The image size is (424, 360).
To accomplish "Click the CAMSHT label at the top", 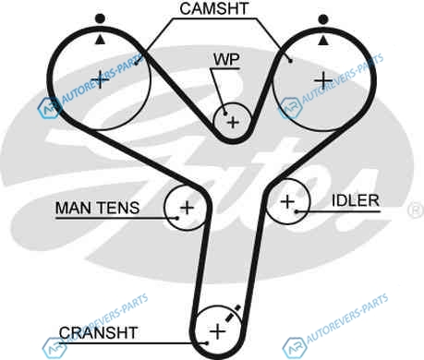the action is pyautogui.click(x=214, y=8).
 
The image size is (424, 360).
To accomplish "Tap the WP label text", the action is pyautogui.click(x=226, y=59).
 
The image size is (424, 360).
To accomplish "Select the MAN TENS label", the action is pyautogui.click(x=97, y=208).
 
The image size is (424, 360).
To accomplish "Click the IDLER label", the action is pyautogui.click(x=356, y=200).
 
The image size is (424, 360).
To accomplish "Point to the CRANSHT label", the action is pyautogui.click(x=98, y=332).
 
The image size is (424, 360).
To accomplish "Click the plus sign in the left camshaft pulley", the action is pyautogui.click(x=100, y=79).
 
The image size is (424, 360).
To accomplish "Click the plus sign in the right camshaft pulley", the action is pyautogui.click(x=323, y=80).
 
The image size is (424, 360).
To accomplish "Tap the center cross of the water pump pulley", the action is pyautogui.click(x=233, y=123).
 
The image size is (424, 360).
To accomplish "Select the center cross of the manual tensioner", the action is pyautogui.click(x=187, y=208).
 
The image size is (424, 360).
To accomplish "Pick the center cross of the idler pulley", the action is pyautogui.click(x=287, y=201).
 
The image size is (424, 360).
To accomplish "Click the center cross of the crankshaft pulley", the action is pyautogui.click(x=218, y=331).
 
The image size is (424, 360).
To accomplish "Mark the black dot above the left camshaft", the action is pyautogui.click(x=100, y=18).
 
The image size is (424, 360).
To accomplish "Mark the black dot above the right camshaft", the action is pyautogui.click(x=323, y=19).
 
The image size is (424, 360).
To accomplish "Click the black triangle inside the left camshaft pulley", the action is pyautogui.click(x=100, y=40).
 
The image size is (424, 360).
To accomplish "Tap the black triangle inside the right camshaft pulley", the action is pyautogui.click(x=322, y=41).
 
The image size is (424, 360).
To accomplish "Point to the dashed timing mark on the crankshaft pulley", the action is pyautogui.click(x=233, y=313).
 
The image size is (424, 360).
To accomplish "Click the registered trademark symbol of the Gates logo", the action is pyautogui.click(x=416, y=210).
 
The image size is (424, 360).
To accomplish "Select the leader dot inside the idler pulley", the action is pyautogui.click(x=297, y=211).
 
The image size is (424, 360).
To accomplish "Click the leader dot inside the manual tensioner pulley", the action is pyautogui.click(x=177, y=218).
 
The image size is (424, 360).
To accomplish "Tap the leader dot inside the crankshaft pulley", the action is pyautogui.click(x=207, y=343).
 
